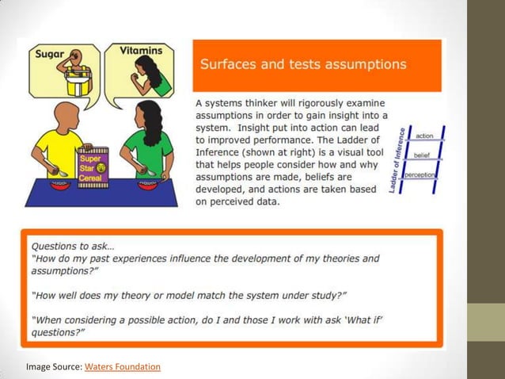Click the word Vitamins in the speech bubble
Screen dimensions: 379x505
141,51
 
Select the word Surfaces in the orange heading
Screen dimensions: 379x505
231,63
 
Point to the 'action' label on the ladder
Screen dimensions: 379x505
423,136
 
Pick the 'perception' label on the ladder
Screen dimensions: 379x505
420,174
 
